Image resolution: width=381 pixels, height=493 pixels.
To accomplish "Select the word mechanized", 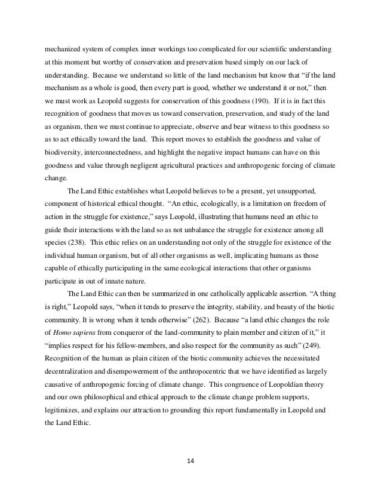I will (x=66, y=46).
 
